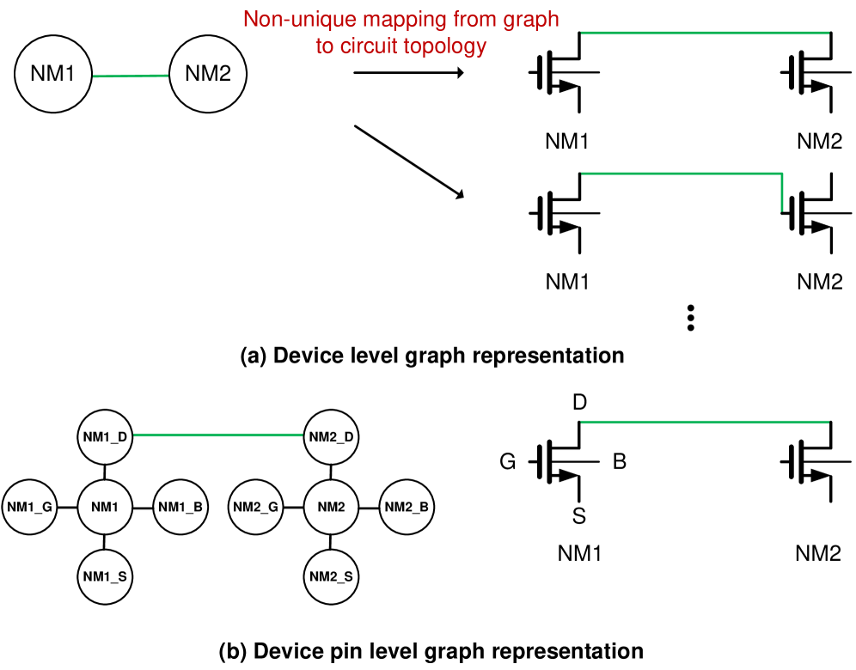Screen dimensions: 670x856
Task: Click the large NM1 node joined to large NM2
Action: (52, 74)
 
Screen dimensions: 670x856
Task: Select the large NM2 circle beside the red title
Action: (208, 74)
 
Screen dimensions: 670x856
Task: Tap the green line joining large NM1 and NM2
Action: (129, 76)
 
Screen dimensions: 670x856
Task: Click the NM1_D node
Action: (105, 437)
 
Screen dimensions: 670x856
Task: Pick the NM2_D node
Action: (331, 437)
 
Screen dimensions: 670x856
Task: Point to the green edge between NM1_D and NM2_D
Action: (218, 435)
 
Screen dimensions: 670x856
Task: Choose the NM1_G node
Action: (30, 507)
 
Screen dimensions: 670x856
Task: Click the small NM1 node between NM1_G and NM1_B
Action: (105, 507)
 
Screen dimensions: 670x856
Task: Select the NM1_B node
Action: (180, 507)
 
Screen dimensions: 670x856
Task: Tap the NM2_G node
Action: (255, 507)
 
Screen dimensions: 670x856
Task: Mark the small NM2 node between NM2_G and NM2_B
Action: (331, 507)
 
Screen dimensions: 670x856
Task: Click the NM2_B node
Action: (407, 507)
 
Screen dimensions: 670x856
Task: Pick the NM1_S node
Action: (105, 576)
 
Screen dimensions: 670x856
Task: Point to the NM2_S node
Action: (331, 576)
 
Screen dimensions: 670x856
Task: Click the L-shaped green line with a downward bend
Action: (688, 174)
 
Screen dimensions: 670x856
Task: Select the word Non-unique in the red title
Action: (286, 20)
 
